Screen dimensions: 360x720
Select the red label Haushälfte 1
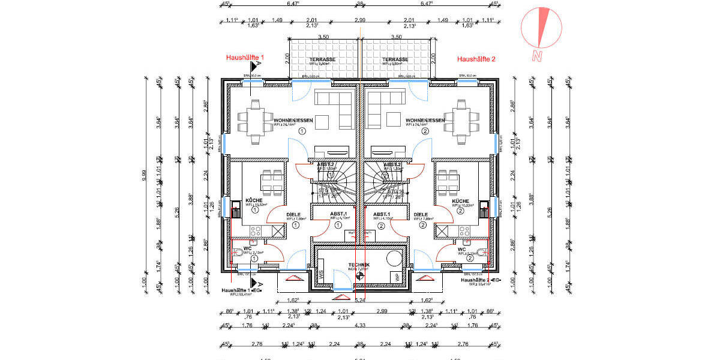point(245,58)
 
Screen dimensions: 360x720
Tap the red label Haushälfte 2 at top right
point(476,59)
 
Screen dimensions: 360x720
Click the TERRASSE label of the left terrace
point(322,60)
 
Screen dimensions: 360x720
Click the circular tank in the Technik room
point(394,259)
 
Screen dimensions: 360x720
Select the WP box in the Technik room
point(397,277)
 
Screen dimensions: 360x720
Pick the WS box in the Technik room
point(321,275)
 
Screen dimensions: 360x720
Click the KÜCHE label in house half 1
point(254,201)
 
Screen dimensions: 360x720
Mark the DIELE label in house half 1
point(293,214)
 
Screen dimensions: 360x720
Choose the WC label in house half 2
point(461,249)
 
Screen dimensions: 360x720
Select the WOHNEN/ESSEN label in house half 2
point(424,121)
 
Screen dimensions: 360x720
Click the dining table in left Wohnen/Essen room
point(255,119)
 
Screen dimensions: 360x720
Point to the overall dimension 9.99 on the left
point(144,174)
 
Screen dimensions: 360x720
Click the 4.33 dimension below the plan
point(360,326)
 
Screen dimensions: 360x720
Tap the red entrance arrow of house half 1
point(293,278)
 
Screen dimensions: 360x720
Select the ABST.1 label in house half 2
point(382,214)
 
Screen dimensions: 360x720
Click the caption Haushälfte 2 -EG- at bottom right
point(481,280)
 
